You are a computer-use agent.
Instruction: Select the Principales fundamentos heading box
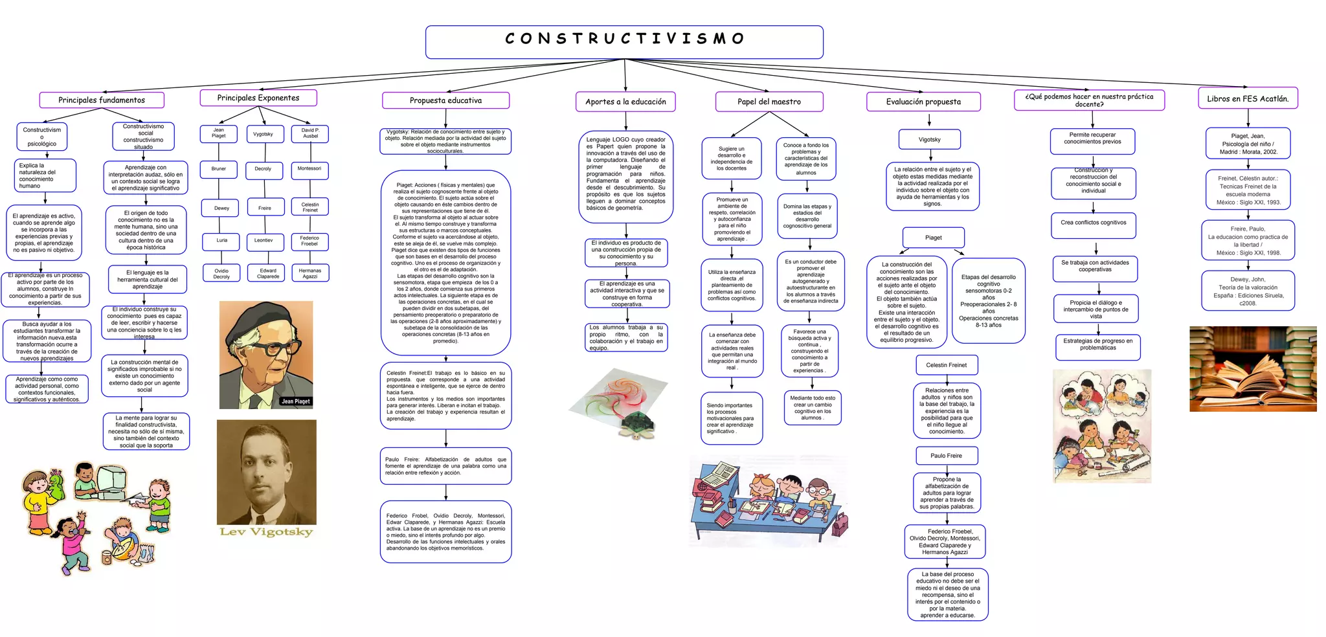pyautogui.click(x=102, y=100)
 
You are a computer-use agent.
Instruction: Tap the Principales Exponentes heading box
pyautogui.click(x=258, y=98)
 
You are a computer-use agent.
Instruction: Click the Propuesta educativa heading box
pyautogui.click(x=445, y=100)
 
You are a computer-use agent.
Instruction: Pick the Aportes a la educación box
pyautogui.click(x=625, y=102)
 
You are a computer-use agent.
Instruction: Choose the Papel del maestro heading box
pyautogui.click(x=769, y=102)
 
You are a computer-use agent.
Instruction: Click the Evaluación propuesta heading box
pyautogui.click(x=923, y=102)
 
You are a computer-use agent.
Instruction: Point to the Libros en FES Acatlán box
pyautogui.click(x=1248, y=98)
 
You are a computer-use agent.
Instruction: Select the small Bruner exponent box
pyautogui.click(x=219, y=169)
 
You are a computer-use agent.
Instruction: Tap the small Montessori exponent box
pyautogui.click(x=309, y=169)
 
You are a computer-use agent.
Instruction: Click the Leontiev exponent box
pyautogui.click(x=264, y=241)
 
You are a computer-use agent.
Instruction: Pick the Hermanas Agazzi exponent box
pyautogui.click(x=310, y=273)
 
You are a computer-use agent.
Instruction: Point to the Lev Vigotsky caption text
pyautogui.click(x=266, y=531)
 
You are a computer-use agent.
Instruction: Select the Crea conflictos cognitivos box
pyautogui.click(x=1094, y=223)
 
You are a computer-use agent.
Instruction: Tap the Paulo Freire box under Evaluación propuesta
pyautogui.click(x=946, y=456)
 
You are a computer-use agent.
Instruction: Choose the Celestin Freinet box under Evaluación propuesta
pyautogui.click(x=946, y=365)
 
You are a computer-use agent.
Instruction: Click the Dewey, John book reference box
pyautogui.click(x=1248, y=291)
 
